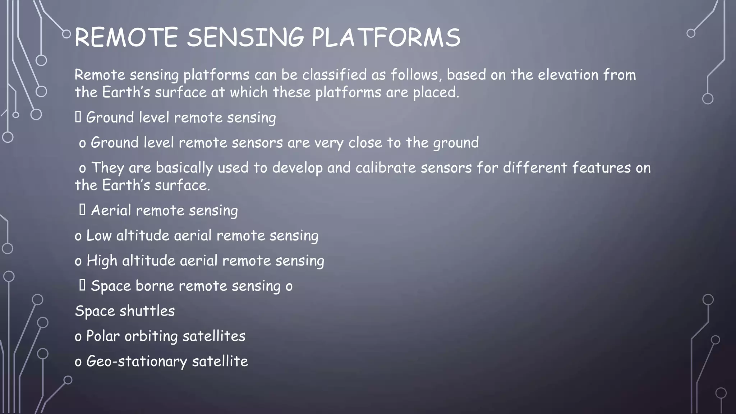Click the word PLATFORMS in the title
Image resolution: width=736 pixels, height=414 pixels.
pos(385,37)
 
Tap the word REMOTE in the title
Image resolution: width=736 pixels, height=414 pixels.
pos(126,37)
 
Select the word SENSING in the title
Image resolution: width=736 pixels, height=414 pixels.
pos(245,37)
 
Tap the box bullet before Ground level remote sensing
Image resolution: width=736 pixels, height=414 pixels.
pos(78,117)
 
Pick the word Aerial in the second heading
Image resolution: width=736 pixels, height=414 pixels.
pos(111,211)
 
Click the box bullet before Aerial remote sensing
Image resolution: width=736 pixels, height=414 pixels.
pos(82,210)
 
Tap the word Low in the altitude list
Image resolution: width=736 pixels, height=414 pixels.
pos(99,236)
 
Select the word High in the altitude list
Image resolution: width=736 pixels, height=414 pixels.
pos(102,261)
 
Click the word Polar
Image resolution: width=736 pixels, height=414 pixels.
pos(103,336)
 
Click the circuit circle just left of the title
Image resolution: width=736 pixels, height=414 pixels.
pos(66,34)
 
